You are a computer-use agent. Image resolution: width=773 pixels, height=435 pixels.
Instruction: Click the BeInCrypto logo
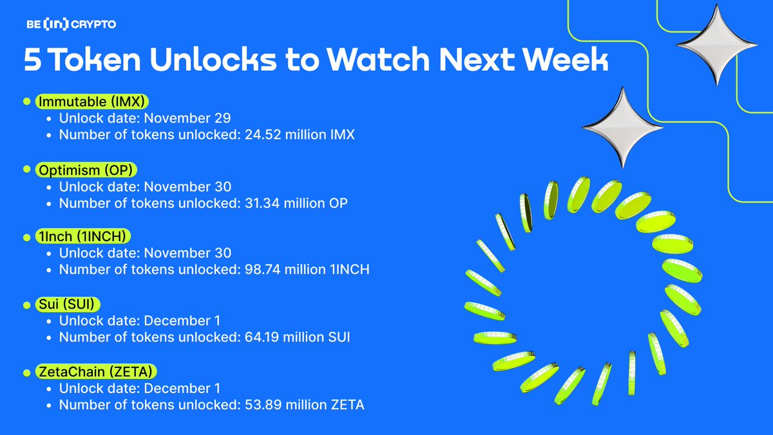(70, 24)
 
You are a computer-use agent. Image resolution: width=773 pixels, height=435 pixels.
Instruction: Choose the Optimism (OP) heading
(88, 169)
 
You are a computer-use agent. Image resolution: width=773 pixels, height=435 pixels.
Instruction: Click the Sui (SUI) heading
(67, 304)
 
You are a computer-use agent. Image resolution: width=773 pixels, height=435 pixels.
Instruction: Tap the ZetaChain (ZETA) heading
(97, 372)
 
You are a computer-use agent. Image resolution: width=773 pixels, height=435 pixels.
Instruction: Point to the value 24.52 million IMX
(300, 135)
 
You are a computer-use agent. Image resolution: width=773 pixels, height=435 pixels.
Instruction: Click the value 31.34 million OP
(296, 203)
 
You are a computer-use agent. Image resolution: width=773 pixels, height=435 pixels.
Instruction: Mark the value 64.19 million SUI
(298, 338)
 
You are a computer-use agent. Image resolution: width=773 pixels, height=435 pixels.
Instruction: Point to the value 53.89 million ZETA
(305, 405)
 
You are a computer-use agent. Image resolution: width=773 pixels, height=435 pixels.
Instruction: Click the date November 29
(187, 119)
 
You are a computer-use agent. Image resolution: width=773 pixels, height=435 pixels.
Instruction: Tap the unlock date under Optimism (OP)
(187, 186)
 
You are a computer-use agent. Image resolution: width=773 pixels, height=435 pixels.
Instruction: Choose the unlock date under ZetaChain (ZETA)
(182, 389)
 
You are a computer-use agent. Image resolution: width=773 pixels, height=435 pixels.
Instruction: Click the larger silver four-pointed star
(717, 44)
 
